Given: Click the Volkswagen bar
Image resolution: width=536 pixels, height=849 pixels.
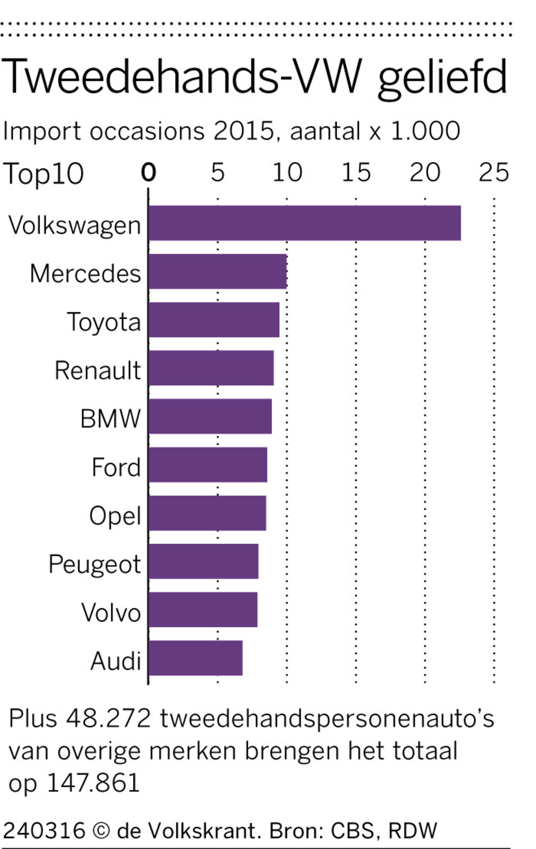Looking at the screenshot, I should click(x=304, y=223).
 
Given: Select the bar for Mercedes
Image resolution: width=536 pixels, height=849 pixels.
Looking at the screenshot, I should click(x=217, y=271).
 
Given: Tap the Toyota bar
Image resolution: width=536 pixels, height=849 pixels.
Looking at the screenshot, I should click(x=214, y=320).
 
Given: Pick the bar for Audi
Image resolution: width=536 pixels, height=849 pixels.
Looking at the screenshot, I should click(x=195, y=658).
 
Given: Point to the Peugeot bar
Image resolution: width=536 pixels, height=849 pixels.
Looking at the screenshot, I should click(x=203, y=561).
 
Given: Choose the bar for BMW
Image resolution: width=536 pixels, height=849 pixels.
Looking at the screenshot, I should click(x=210, y=416).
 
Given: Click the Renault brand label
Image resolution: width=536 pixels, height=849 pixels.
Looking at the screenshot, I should click(x=98, y=371).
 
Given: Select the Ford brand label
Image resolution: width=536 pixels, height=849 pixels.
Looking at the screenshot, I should click(x=116, y=467).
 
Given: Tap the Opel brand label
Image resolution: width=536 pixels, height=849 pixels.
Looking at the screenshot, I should click(x=115, y=516).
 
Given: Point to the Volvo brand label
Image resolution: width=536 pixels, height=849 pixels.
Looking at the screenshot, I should click(x=111, y=612).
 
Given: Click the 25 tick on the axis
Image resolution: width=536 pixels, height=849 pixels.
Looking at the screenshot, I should click(x=494, y=173).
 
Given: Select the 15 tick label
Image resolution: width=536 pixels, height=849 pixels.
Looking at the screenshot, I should click(x=356, y=173).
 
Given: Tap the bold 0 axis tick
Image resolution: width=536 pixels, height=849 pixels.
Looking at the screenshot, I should click(x=148, y=173).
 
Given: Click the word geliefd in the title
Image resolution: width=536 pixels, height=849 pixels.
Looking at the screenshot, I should click(x=442, y=78).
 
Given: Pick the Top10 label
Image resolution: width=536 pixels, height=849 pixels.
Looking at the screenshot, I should click(x=43, y=174).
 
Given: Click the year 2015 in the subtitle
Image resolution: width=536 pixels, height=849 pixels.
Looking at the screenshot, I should click(x=243, y=131).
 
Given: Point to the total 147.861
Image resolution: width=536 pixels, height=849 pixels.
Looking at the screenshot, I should click(x=93, y=783).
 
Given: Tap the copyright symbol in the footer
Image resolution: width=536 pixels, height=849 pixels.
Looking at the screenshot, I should click(x=101, y=830).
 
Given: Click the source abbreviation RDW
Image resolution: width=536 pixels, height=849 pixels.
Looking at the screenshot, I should click(x=413, y=830).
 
